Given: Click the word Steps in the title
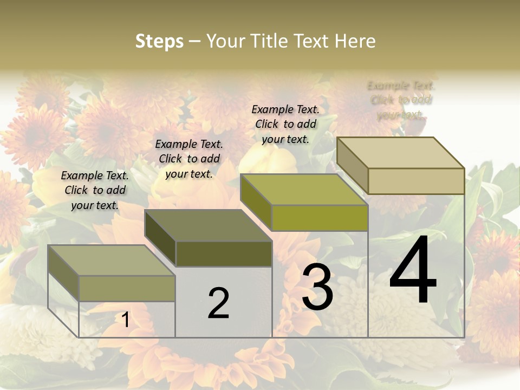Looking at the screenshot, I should click(159, 41).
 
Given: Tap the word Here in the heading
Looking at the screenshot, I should click(355, 41).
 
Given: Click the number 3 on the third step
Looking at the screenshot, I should click(317, 287).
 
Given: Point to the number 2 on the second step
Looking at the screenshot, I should click(218, 303).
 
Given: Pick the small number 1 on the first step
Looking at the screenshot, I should click(126, 320).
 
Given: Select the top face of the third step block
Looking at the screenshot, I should click(303, 190).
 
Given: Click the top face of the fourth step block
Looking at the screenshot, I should click(400, 153).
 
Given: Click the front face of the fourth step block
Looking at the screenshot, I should click(416, 181).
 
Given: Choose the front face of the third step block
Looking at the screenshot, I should click(320, 218).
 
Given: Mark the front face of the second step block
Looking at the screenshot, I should click(224, 253).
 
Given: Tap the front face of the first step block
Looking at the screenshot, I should click(127, 288).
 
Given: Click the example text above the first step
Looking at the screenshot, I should click(95, 190).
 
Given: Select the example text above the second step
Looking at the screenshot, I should click(189, 159).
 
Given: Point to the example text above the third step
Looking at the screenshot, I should click(285, 124).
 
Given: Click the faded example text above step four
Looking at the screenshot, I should click(401, 100).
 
